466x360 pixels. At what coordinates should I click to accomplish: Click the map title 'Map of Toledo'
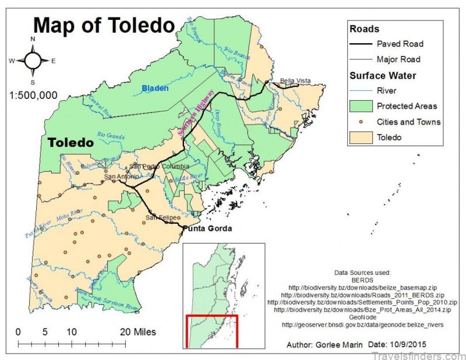(104, 25)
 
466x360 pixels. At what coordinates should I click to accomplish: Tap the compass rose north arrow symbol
(33, 60)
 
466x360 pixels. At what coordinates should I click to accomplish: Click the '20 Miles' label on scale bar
(137, 332)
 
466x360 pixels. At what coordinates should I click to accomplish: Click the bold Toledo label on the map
(70, 143)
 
